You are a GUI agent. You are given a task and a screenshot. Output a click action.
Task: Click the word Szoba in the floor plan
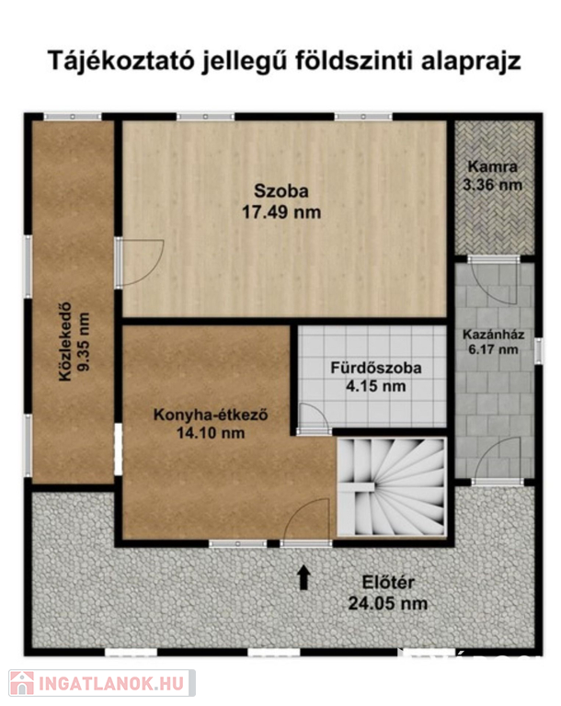[281, 191]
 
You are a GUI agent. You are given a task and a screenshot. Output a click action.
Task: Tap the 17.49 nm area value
[281, 211]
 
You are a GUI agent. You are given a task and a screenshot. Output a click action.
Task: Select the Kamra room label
[493, 166]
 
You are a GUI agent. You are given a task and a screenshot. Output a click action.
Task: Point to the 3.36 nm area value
[493, 185]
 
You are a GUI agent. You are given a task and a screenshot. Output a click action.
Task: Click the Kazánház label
[494, 335]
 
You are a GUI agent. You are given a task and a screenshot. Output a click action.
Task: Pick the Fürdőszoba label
[376, 368]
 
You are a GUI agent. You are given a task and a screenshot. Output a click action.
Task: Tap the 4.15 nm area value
[376, 386]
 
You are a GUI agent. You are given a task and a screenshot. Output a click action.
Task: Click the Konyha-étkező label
[211, 415]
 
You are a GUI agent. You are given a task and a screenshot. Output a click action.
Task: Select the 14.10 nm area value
[211, 433]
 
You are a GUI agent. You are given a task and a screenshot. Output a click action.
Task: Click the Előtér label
[388, 583]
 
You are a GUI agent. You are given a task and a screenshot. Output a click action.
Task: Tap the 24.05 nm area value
[388, 603]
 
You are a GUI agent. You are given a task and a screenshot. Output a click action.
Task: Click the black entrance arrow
[303, 577]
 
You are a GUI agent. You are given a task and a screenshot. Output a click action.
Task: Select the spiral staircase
[392, 487]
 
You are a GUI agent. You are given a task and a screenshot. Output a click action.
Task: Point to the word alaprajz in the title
[471, 63]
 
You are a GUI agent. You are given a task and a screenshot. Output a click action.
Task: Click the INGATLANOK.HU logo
[102, 683]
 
